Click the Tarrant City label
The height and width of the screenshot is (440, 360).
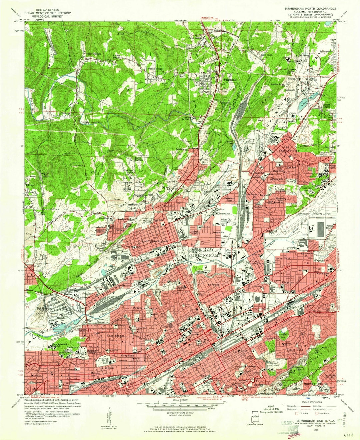pos(289,150)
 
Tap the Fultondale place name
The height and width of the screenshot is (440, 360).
pos(230,80)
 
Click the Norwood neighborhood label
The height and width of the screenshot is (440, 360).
pos(213,285)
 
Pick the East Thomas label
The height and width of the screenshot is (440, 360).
pos(116,335)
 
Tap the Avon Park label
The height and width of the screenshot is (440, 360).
pos(283,259)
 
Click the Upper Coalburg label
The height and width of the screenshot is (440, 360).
pos(94,54)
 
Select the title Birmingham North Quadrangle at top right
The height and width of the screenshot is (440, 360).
pos(310,8)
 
